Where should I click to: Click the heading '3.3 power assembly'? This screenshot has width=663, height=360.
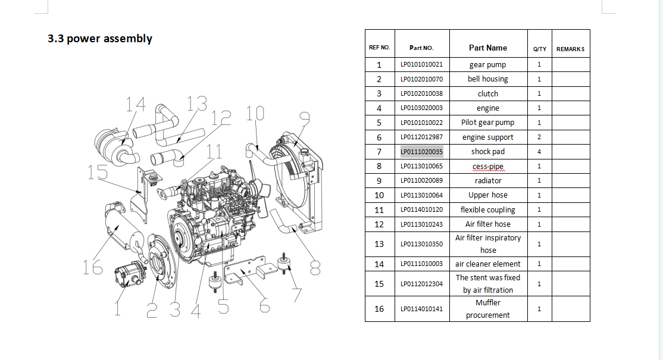[100, 39]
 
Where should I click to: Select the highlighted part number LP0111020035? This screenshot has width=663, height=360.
[421, 152]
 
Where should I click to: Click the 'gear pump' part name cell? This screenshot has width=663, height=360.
[487, 64]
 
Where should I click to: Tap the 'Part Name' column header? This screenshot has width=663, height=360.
[487, 48]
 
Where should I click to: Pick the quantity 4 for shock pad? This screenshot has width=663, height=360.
[539, 152]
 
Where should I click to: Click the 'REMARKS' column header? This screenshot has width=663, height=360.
[570, 49]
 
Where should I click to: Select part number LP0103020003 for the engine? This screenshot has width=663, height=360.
[421, 108]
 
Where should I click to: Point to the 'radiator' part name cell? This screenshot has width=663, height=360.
[487, 180]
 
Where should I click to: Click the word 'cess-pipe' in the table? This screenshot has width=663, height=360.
[487, 166]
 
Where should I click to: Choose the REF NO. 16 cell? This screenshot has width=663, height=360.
[379, 309]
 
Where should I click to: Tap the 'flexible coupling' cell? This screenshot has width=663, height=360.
[487, 209]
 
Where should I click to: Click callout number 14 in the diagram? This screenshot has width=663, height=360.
[136, 105]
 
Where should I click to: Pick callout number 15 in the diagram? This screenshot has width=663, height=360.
[96, 172]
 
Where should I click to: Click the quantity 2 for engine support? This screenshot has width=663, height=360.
[539, 137]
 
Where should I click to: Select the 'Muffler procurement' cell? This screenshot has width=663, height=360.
[487, 309]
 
